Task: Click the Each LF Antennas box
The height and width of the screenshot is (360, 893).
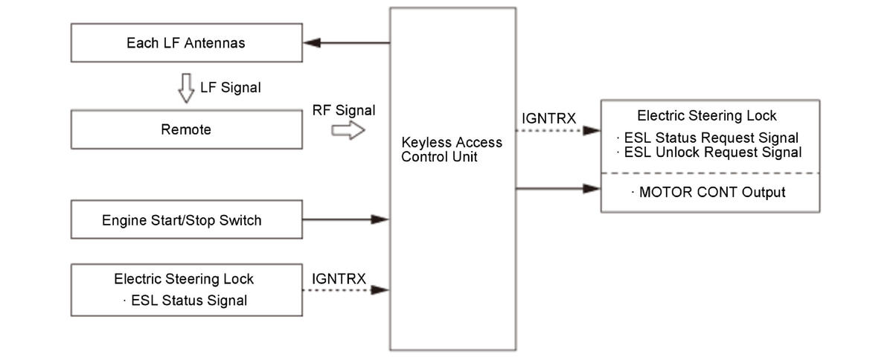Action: point(186,43)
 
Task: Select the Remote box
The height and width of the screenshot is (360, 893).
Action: point(186,130)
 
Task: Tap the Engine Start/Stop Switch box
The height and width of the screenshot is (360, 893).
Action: point(186,220)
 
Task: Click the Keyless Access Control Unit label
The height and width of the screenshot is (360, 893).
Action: point(452,149)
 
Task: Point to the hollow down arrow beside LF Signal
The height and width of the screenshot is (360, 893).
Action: point(185,87)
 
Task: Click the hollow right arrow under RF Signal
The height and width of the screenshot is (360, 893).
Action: point(348,131)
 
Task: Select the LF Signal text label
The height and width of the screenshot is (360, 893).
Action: point(231,88)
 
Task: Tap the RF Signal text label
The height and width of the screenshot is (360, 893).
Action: point(344,111)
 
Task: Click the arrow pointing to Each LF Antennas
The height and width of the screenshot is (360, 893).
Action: point(346,43)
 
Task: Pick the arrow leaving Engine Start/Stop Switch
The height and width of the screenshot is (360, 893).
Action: point(346,219)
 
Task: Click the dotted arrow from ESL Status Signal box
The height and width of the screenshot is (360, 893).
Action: point(346,290)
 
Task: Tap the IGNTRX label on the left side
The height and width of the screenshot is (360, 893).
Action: point(339,278)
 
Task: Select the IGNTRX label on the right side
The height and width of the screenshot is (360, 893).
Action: point(550,118)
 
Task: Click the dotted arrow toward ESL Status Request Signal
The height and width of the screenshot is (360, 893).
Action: point(558,131)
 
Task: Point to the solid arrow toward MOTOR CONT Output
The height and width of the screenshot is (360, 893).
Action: point(558,189)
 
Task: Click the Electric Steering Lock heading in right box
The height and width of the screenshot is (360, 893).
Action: point(707,116)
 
